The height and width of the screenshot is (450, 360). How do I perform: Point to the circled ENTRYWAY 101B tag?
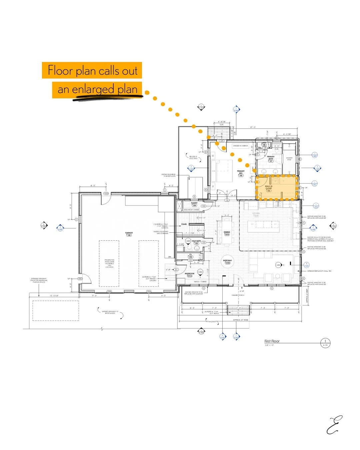pyautogui.click(x=227, y=262)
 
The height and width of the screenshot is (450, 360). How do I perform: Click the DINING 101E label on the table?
pyautogui.click(x=227, y=233)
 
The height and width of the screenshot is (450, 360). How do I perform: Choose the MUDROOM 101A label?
pyautogui.click(x=189, y=275)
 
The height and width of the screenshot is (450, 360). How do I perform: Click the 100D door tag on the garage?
pyautogui.click(x=106, y=193)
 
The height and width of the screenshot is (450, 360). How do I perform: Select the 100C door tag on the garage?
pyautogui.click(x=80, y=279)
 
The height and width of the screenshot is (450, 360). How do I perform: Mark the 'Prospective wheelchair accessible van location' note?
pyautogui.click(x=109, y=263)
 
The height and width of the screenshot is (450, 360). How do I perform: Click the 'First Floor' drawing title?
pyautogui.click(x=272, y=341)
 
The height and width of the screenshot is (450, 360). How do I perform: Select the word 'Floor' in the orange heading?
pyautogui.click(x=60, y=70)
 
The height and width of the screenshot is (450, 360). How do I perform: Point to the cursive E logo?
pyautogui.click(x=334, y=425)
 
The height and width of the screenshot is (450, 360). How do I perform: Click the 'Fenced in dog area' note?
pyautogui.click(x=193, y=157)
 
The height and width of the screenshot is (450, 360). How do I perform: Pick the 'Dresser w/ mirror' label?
pyautogui.click(x=240, y=146)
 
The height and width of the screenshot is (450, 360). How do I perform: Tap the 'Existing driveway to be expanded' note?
pyautogui.click(x=110, y=312)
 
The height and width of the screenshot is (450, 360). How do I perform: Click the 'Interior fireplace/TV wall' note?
pyautogui.click(x=319, y=271)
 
